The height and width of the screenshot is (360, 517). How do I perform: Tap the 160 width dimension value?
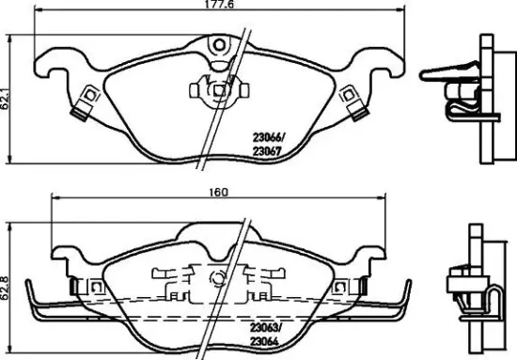coord(218,193)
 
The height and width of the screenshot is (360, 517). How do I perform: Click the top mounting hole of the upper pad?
coord(218,44)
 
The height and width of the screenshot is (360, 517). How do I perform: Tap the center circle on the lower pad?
coord(217,278)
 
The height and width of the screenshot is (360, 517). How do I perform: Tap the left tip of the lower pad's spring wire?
coord(29,285)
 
